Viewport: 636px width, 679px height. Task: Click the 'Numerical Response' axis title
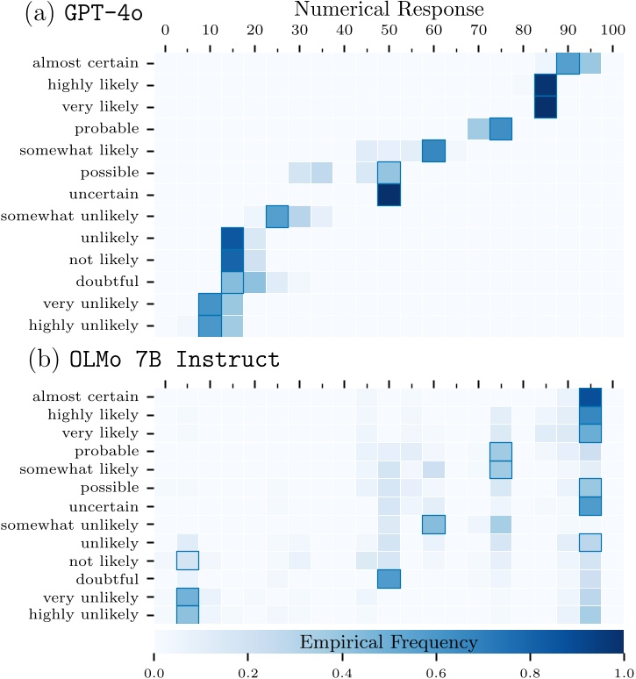point(389,11)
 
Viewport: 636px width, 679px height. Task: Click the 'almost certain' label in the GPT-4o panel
point(88,63)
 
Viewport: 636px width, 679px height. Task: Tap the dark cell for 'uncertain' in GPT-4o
point(389,195)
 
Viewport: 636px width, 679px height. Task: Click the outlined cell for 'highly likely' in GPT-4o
point(546,85)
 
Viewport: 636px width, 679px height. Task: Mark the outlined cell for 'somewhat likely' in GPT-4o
point(433,151)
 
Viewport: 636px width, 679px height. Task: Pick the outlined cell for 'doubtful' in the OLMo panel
point(389,579)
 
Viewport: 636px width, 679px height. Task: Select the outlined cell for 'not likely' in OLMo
point(187,561)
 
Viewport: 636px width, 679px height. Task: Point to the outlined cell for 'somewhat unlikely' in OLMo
point(433,525)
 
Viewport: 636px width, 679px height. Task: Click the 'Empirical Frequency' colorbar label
point(389,642)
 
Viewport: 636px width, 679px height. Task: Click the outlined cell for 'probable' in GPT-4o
point(501,129)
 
